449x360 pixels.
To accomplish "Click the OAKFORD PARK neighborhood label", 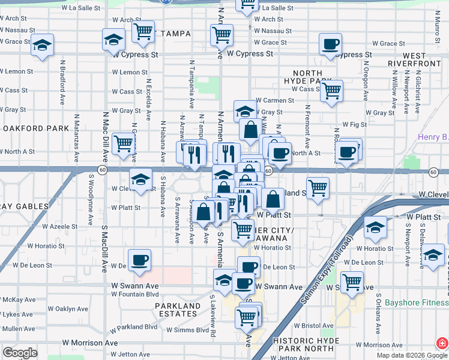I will point(35,128).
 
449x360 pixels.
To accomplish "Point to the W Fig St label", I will point(354,125).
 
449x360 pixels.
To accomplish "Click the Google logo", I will point(20,353).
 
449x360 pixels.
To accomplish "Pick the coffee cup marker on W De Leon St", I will point(139,260).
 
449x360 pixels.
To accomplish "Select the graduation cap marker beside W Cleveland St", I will point(140,179).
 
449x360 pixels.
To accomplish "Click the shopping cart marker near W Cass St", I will point(331,91).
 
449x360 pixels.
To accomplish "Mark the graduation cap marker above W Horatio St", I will point(375,227).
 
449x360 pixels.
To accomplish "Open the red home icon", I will point(441,344).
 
